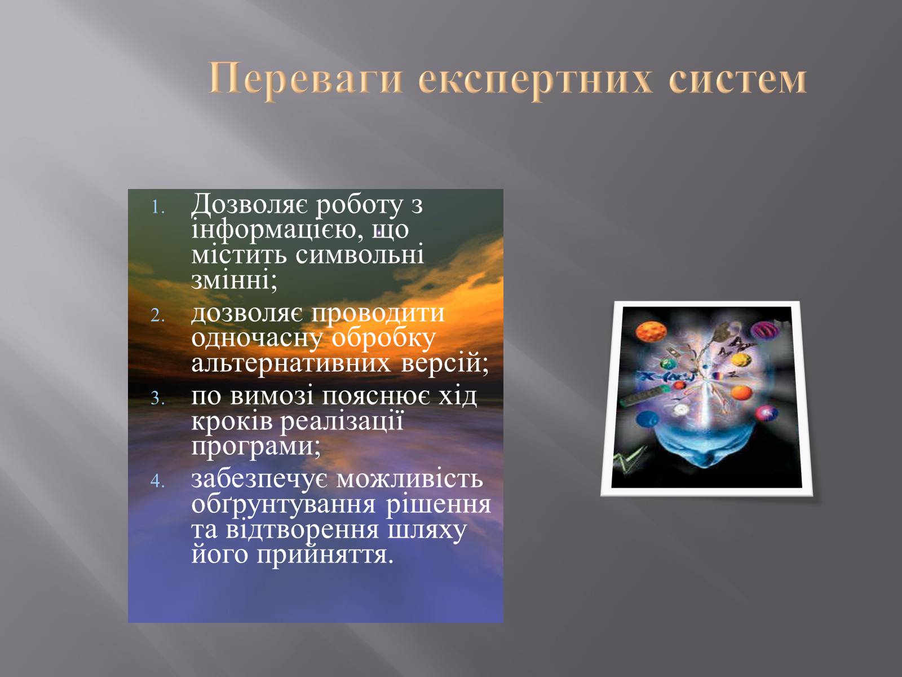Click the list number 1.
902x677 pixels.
click(x=158, y=208)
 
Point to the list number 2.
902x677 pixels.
click(x=158, y=316)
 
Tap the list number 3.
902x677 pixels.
click(x=158, y=398)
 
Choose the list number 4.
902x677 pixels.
click(x=158, y=481)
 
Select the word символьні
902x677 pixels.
click(x=360, y=255)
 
